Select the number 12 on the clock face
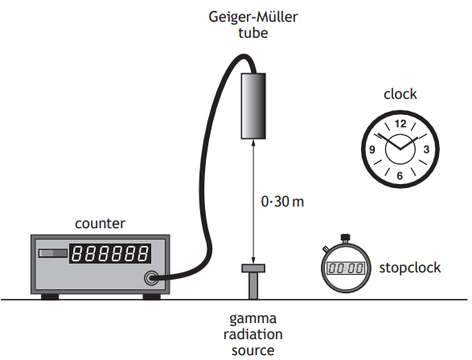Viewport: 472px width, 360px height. (400, 124)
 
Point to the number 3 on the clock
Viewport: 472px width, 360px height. (426, 149)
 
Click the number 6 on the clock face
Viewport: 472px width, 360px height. (400, 174)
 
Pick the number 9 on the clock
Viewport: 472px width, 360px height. (373, 149)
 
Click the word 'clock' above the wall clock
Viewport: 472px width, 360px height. (400, 94)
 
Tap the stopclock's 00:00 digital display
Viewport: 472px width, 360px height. (346, 268)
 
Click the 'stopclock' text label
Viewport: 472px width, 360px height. (410, 268)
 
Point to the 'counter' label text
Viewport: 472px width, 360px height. (100, 223)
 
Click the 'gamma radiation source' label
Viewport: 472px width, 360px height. (254, 333)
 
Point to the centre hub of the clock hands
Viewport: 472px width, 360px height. (399, 149)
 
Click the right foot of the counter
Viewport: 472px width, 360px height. (150, 295)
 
